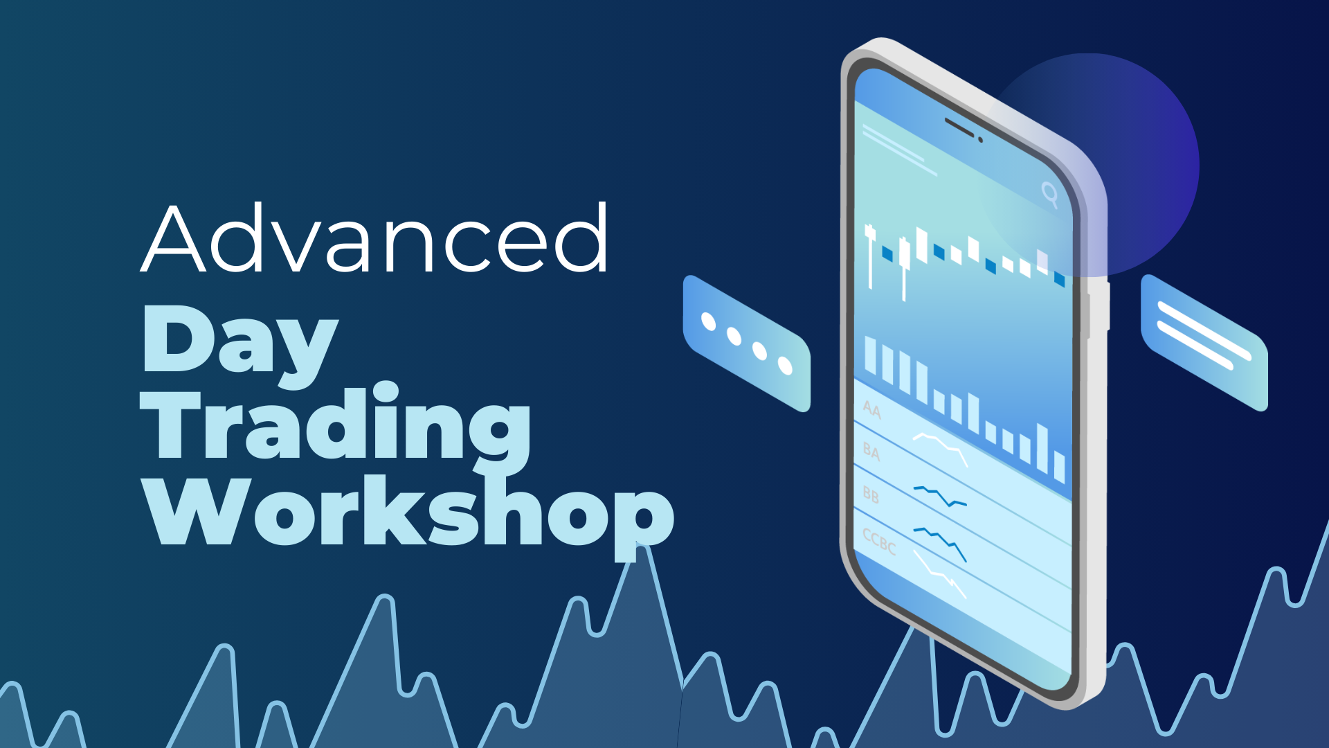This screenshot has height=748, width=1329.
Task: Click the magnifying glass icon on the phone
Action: tap(1050, 194)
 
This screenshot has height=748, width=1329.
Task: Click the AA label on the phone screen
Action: tap(872, 410)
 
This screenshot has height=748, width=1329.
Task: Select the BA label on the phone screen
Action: tap(871, 452)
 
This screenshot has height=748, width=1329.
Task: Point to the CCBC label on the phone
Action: tap(879, 541)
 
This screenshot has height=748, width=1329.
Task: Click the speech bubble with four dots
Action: tap(747, 344)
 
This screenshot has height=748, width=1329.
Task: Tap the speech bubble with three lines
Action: tap(1204, 343)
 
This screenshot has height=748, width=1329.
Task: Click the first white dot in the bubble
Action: tap(708, 322)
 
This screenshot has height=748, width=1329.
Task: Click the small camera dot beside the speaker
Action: tap(980, 140)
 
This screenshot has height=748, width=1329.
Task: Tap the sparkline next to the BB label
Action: tap(940, 496)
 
